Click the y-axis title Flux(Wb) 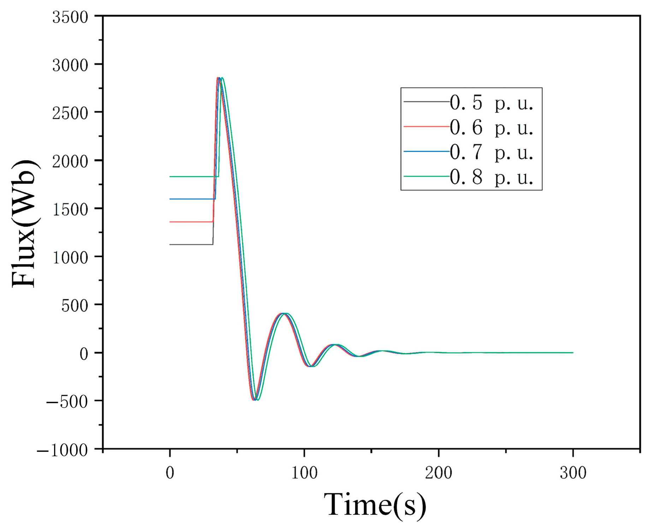(24, 224)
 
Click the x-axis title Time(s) (375, 505)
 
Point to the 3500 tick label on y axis (70, 17)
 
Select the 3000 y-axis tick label (70, 65)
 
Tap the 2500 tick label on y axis (70, 113)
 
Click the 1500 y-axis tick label (70, 210)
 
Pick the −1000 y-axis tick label (63, 450)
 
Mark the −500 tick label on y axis (67, 402)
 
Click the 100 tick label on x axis (304, 472)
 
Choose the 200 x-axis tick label (438, 472)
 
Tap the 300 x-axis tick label (573, 472)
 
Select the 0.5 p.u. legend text (491, 103)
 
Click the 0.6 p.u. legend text (491, 127)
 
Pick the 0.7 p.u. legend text (491, 152)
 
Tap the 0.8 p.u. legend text (491, 177)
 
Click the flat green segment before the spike (192, 176)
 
